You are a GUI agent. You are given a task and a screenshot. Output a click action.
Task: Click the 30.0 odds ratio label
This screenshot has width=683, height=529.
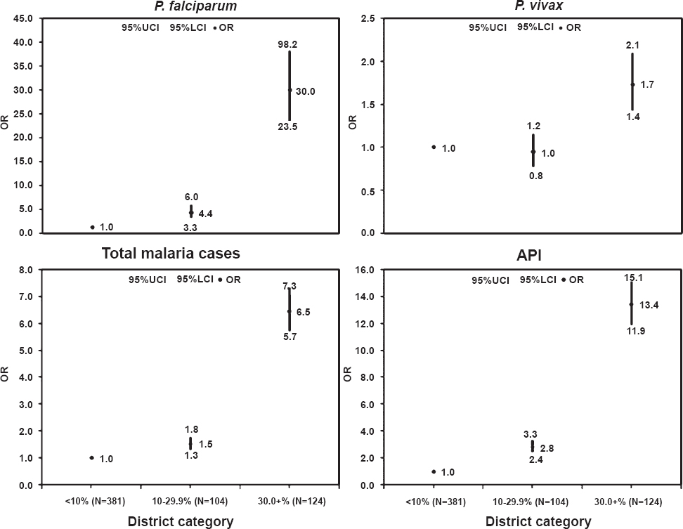tap(305, 91)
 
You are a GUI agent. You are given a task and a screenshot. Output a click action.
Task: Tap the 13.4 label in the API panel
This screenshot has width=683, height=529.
tap(650, 305)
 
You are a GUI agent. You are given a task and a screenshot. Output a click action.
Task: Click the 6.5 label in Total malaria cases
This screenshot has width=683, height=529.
tap(303, 311)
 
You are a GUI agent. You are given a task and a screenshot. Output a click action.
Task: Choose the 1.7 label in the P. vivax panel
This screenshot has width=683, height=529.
tap(647, 85)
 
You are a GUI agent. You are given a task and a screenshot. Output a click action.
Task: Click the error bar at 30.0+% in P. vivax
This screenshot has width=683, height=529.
tap(632, 81)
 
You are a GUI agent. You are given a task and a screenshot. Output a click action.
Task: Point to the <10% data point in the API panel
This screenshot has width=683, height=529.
tap(434, 471)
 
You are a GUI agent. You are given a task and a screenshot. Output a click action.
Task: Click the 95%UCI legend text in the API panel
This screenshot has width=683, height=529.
tap(490, 280)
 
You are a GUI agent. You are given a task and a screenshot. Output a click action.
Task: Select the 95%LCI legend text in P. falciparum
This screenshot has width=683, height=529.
tap(190, 27)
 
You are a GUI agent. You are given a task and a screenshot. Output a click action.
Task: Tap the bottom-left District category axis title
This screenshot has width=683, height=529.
tap(181, 521)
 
